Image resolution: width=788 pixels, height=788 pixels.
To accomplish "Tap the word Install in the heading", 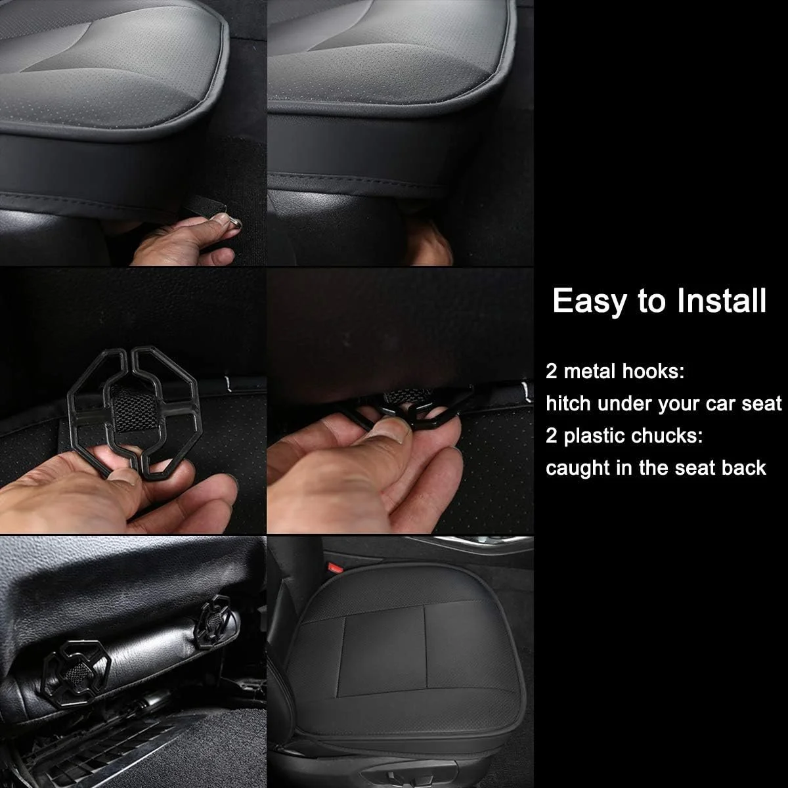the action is click(721, 300).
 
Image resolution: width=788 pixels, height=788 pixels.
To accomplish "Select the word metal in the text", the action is click(588, 371).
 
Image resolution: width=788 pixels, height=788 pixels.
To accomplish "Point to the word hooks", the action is click(653, 371).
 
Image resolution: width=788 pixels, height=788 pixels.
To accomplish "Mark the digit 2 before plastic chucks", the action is click(551, 436).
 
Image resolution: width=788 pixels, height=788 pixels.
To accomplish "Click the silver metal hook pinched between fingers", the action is click(234, 224).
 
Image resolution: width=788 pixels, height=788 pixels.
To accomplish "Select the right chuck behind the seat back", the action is click(213, 623).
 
